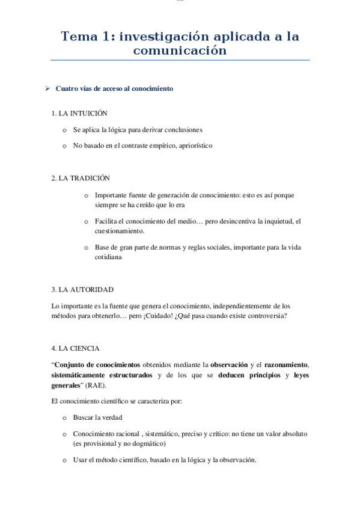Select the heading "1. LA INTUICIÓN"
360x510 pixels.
click(x=80, y=112)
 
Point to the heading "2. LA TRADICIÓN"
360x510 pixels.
click(x=81, y=178)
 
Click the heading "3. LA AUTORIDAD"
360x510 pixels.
click(x=82, y=289)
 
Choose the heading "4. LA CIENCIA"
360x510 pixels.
click(x=76, y=348)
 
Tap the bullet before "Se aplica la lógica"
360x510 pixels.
click(x=65, y=130)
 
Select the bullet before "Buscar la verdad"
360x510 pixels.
click(x=65, y=417)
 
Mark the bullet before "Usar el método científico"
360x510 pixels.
click(x=65, y=461)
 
